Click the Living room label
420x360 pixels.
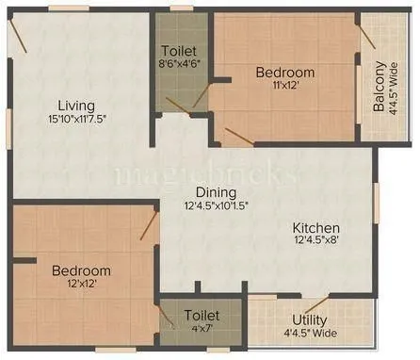click(x=73, y=105)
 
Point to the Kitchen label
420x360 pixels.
click(x=315, y=228)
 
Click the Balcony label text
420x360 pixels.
click(x=379, y=87)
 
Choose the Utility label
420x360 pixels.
click(x=309, y=319)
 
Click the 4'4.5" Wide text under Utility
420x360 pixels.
click(x=309, y=334)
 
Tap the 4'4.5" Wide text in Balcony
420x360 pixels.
click(x=393, y=87)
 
